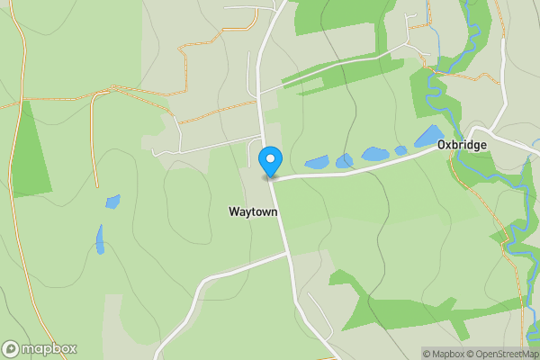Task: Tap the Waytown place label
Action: (x=253, y=211)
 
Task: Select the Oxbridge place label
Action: (x=462, y=145)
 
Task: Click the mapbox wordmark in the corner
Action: (x=49, y=349)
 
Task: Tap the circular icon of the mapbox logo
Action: (x=11, y=349)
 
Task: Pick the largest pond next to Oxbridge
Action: (x=428, y=137)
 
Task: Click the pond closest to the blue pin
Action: (x=317, y=163)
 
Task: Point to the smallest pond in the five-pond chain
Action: (x=400, y=150)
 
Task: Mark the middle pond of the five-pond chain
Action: (x=374, y=154)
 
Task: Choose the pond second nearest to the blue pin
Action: (x=345, y=161)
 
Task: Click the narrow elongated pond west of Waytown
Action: (x=100, y=239)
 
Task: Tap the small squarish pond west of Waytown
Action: (x=112, y=201)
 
